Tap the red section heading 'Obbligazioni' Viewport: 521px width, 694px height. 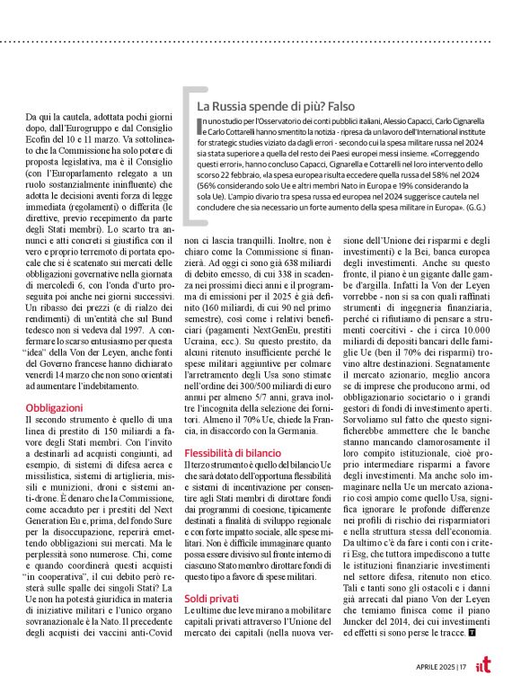(x=54, y=407)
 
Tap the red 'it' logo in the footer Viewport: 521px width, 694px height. (x=484, y=667)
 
